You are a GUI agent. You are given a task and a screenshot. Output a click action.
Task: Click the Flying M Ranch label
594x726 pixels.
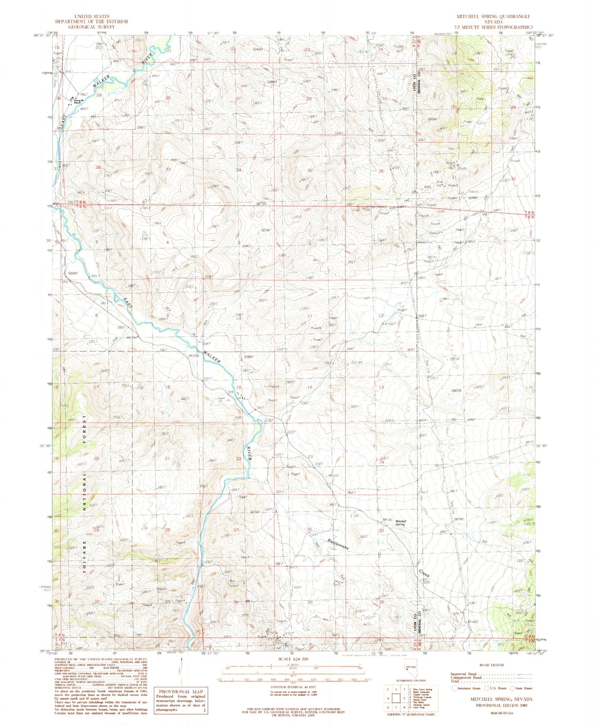click(76, 102)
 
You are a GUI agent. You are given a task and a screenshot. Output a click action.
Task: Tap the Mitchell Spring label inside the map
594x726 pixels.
click(400, 523)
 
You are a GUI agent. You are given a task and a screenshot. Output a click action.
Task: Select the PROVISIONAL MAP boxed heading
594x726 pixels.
click(181, 691)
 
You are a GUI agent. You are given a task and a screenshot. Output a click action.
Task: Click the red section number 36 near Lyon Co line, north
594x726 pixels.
click(381, 171)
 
